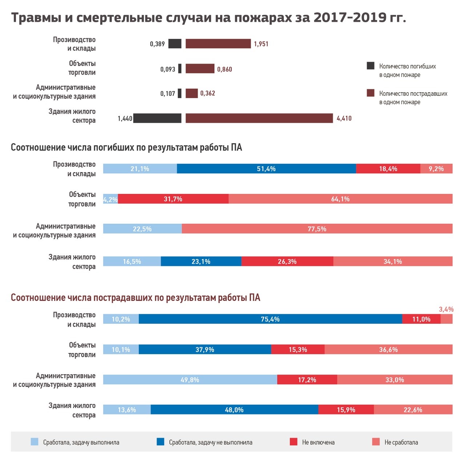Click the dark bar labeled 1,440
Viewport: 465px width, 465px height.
tap(157, 118)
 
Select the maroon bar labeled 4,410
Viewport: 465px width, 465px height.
tap(259, 118)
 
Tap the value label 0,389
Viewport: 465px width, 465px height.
tap(157, 44)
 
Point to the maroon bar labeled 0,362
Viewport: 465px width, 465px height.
tap(191, 93)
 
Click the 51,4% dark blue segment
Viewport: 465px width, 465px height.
tap(266, 169)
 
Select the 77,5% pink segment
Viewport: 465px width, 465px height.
tap(317, 229)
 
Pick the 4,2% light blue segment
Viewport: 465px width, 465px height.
tap(110, 199)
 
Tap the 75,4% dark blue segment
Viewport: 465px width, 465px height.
tap(270, 319)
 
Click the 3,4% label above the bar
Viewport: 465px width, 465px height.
tap(446, 309)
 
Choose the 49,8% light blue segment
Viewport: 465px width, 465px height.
tap(190, 380)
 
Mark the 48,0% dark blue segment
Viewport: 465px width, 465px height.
tap(234, 409)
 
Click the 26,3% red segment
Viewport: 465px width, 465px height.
tap(287, 261)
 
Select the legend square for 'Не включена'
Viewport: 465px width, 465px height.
tap(294, 442)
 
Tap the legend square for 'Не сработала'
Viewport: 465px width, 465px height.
tap(376, 442)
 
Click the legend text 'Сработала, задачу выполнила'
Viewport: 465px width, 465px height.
tap(81, 442)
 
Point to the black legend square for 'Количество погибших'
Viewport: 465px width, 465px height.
tap(371, 66)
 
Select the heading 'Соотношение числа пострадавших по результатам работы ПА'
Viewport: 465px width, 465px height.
tap(136, 298)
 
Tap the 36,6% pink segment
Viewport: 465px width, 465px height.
tap(388, 349)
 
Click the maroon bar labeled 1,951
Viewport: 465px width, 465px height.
tap(218, 44)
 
